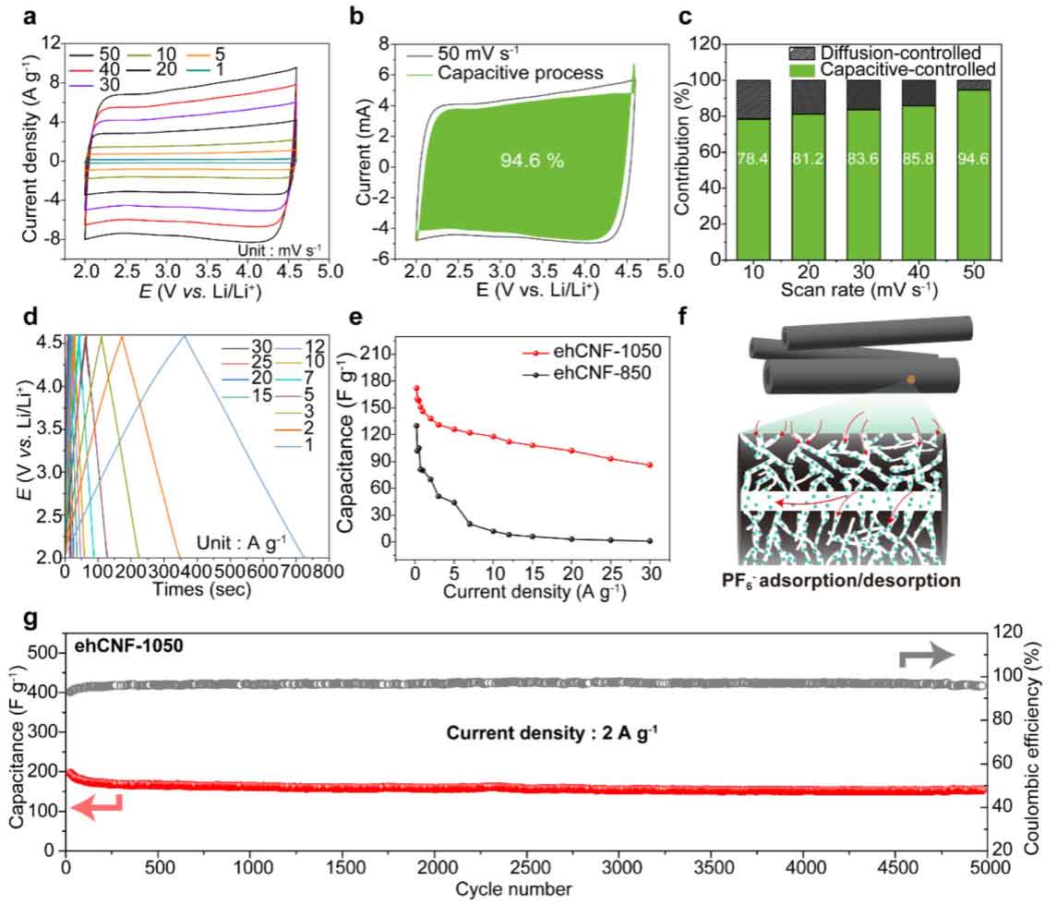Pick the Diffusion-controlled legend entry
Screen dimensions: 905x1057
click(x=892, y=53)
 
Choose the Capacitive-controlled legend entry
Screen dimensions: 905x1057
click(x=892, y=69)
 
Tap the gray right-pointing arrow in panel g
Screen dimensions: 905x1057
click(x=928, y=658)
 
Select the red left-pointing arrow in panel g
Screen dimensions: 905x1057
click(x=96, y=808)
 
